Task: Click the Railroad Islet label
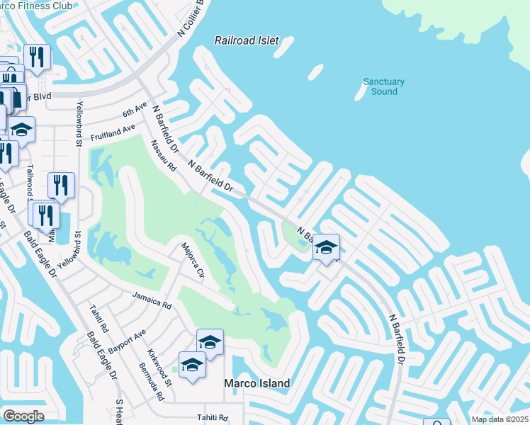click(x=247, y=41)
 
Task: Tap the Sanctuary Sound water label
click(x=384, y=86)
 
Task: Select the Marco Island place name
click(x=256, y=383)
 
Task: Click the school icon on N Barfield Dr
click(x=326, y=248)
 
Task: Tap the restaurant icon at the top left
click(x=37, y=57)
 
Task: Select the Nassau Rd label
click(x=162, y=157)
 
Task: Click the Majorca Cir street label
click(x=192, y=261)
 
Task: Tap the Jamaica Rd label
click(x=152, y=300)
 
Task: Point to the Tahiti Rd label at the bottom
click(x=213, y=418)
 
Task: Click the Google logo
click(x=23, y=416)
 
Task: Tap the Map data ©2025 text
click(x=500, y=419)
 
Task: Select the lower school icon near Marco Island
click(x=192, y=365)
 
